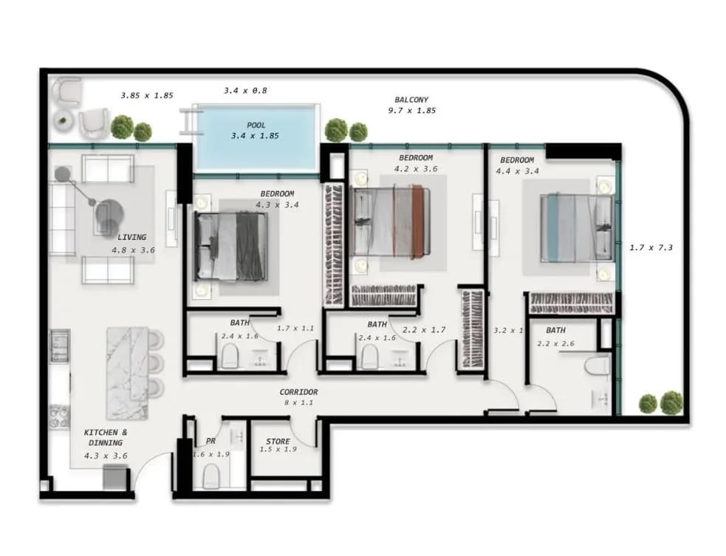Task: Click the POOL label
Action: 256,125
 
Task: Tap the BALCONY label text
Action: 411,100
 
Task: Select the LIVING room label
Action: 132,237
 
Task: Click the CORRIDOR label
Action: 298,392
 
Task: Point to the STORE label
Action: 278,442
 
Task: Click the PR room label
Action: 210,442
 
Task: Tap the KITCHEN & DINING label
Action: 106,437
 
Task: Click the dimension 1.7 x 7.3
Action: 651,247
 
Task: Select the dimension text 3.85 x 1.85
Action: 147,95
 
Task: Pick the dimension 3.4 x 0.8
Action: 245,91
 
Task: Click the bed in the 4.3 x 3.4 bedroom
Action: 230,247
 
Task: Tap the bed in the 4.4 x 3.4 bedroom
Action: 578,227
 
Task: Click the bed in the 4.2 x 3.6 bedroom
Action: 390,221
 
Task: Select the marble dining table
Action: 127,373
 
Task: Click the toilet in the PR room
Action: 211,476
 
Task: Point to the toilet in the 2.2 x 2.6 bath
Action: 597,364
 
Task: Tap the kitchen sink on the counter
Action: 60,346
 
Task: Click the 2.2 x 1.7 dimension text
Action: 424,330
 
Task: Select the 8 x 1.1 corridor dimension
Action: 298,402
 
